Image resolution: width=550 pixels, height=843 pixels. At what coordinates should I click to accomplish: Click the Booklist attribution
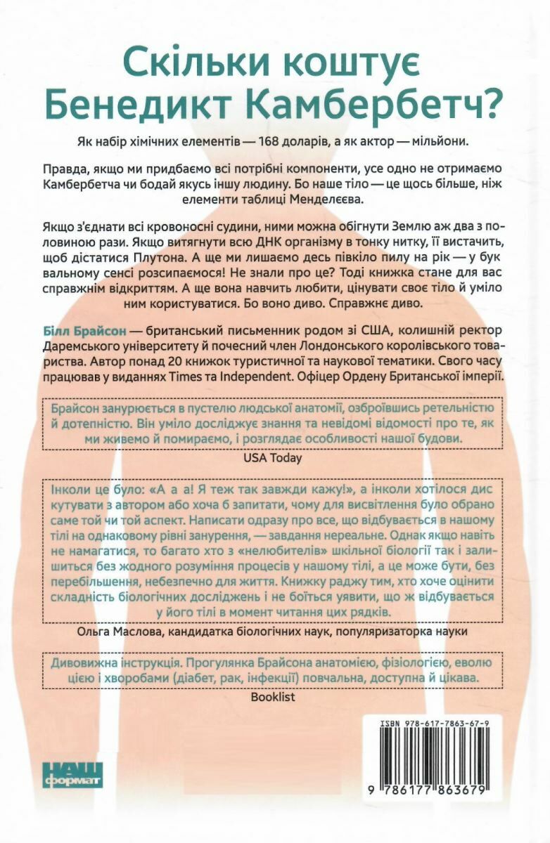coord(274,697)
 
